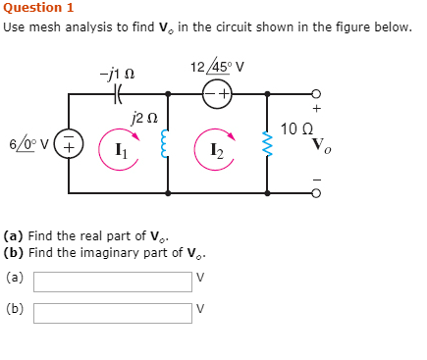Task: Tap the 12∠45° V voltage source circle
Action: tap(218, 94)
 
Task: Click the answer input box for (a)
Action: tap(113, 282)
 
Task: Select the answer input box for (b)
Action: tap(113, 313)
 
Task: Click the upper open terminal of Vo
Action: tap(316, 94)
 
